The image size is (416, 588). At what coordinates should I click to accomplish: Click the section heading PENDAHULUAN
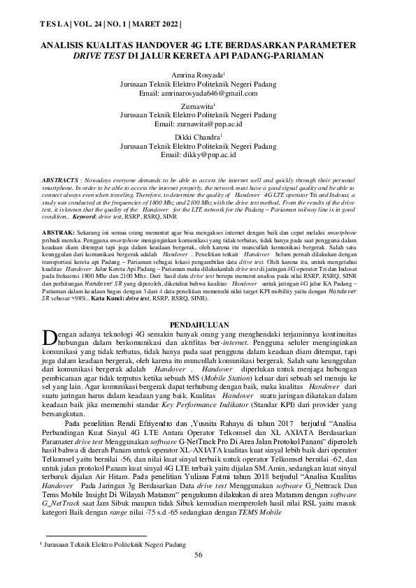click(208, 306)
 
